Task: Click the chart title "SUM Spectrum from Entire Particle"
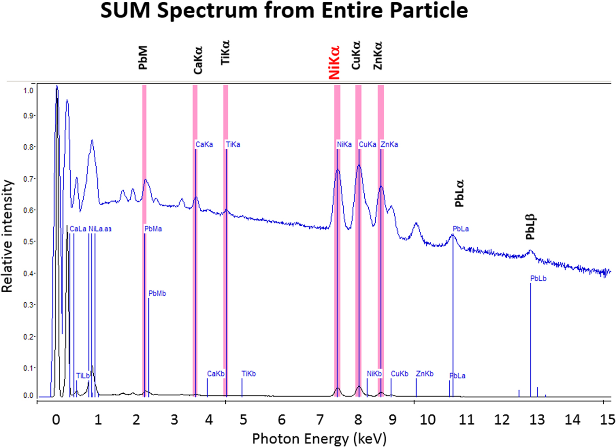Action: (x=284, y=11)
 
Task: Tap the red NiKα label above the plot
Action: (x=334, y=62)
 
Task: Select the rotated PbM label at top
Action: (x=143, y=58)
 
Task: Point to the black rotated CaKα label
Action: (x=198, y=60)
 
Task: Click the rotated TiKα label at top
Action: (x=225, y=53)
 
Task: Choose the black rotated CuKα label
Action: (x=356, y=55)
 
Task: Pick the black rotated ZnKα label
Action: (x=378, y=56)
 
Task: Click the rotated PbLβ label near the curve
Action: (x=531, y=227)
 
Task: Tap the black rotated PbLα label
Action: (x=459, y=193)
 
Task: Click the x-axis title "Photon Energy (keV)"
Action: (x=319, y=439)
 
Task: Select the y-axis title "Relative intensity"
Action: (x=7, y=236)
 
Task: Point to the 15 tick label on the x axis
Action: (x=607, y=420)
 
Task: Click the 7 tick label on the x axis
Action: (x=320, y=420)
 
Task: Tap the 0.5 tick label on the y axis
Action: (x=28, y=242)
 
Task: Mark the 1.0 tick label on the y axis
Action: (x=28, y=91)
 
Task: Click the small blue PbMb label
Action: (x=157, y=293)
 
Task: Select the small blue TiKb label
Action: (x=249, y=374)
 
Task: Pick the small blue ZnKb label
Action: (x=425, y=374)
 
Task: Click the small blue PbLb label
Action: (x=538, y=278)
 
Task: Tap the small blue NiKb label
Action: (x=374, y=374)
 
